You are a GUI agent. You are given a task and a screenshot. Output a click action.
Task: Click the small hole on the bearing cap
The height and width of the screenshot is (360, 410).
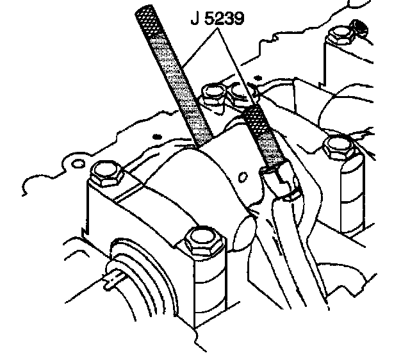pos(242,172)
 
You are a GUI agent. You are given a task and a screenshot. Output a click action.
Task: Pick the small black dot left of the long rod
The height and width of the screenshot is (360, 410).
pos(156,136)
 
